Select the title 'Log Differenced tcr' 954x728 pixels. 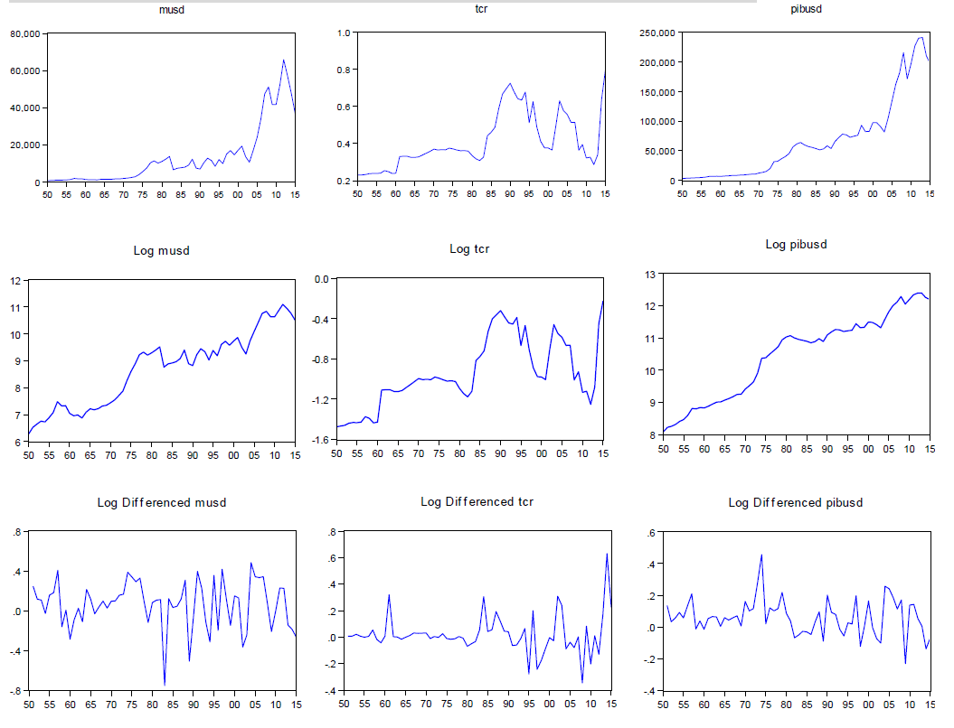[x=477, y=502]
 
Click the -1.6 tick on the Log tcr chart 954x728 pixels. [x=321, y=440]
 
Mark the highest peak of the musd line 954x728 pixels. [x=283, y=61]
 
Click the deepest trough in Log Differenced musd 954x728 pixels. [x=165, y=684]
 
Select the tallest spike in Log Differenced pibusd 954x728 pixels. [x=762, y=555]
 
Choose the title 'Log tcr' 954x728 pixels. [x=469, y=249]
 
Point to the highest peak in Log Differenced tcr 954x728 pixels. [x=607, y=554]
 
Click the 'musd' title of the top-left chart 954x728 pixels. [x=172, y=11]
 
